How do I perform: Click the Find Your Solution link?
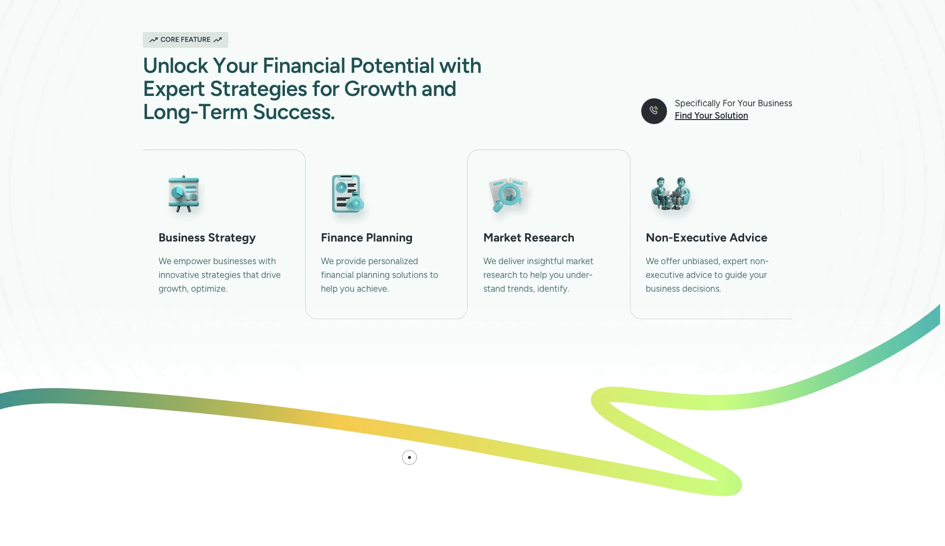pyautogui.click(x=711, y=116)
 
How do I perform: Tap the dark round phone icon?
pyautogui.click(x=654, y=111)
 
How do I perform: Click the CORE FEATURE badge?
pyautogui.click(x=186, y=40)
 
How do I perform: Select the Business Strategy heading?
pyautogui.click(x=207, y=238)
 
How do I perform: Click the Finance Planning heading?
pyautogui.click(x=367, y=238)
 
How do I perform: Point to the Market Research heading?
pyautogui.click(x=529, y=238)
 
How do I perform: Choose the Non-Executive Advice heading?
pyautogui.click(x=706, y=238)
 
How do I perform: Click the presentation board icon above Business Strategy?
pyautogui.click(x=184, y=194)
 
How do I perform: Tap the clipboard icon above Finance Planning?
pyautogui.click(x=347, y=194)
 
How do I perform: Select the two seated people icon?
pyautogui.click(x=670, y=193)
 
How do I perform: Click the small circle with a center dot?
pyautogui.click(x=409, y=457)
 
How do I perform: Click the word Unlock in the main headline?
pyautogui.click(x=176, y=66)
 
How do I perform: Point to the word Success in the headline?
pyautogui.click(x=294, y=112)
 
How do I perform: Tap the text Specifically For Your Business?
pyautogui.click(x=733, y=103)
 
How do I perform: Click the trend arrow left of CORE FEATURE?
pyautogui.click(x=154, y=40)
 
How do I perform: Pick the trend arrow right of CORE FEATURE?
pyautogui.click(x=218, y=40)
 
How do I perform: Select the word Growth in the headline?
pyautogui.click(x=380, y=89)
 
